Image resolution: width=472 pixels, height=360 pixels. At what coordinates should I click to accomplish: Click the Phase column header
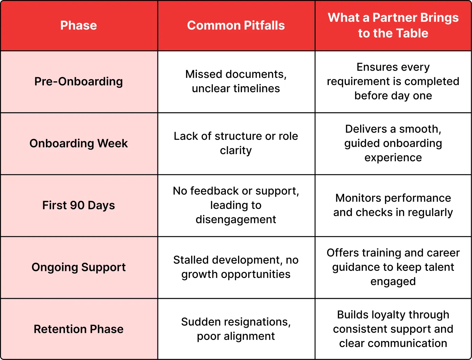pos(79,26)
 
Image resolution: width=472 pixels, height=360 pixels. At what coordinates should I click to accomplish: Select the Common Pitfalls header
pos(236,26)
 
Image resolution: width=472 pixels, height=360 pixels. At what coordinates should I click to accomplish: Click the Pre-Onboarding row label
pos(79,82)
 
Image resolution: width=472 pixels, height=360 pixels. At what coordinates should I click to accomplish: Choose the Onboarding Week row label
pos(79,143)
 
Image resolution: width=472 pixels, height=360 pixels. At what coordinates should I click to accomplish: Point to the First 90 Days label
pos(79,205)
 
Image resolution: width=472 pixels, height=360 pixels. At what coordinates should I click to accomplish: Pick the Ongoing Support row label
pos(79,267)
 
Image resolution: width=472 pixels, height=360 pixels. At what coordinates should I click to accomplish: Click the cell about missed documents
pos(236,81)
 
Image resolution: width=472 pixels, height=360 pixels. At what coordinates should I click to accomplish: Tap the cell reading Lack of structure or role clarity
pos(236,143)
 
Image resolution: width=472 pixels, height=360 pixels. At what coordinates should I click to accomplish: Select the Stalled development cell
pos(236,267)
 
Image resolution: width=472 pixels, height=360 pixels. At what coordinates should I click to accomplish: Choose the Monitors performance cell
pos(393,205)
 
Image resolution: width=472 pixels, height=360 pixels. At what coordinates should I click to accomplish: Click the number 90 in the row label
pos(77,205)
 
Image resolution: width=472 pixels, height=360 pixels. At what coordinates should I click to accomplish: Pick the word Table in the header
pos(412,33)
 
